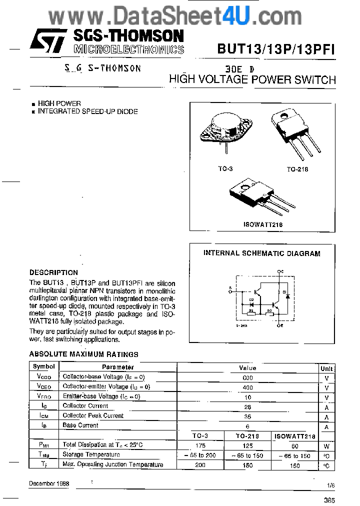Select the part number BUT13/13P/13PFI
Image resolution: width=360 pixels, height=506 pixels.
coord(275,48)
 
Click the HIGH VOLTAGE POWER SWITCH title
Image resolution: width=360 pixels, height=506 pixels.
coord(252,79)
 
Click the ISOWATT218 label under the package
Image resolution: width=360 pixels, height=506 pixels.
coord(263,224)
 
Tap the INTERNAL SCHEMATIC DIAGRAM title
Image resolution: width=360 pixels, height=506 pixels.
coord(261,253)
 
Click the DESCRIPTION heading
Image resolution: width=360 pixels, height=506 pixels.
coord(53,272)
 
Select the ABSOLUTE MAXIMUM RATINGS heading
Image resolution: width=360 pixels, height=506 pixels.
coord(83,354)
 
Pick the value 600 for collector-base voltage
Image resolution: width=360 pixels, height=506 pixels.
coord(247,377)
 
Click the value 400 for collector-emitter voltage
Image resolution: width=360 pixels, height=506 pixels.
coord(247,387)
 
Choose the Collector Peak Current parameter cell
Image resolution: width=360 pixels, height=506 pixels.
coord(92,415)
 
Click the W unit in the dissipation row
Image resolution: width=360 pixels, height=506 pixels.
coord(326,445)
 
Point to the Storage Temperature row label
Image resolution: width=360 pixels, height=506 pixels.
coord(91,454)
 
